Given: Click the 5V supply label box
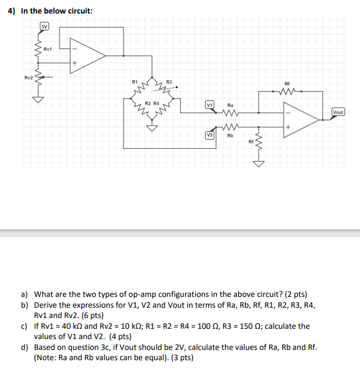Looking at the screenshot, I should pyautogui.click(x=45, y=27).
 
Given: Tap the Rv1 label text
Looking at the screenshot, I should pyautogui.click(x=47, y=49).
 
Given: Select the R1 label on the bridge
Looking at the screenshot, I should pyautogui.click(x=135, y=82).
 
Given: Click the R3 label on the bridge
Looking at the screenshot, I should pyautogui.click(x=169, y=82).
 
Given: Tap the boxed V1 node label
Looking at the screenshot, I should pyautogui.click(x=210, y=105).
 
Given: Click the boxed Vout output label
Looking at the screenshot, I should pyautogui.click(x=338, y=112).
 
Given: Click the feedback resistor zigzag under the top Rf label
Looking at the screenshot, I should pyautogui.click(x=287, y=91).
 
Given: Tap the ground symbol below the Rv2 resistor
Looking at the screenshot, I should pyautogui.click(x=38, y=100).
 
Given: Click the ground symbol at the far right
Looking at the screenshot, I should pyautogui.click(x=259, y=164).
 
